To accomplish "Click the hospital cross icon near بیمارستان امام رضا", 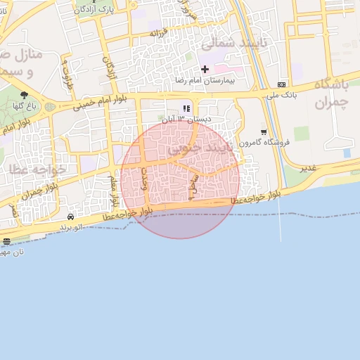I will click(x=205, y=69).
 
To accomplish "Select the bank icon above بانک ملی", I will click(x=282, y=84).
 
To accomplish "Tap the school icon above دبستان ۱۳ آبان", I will click(x=186, y=108).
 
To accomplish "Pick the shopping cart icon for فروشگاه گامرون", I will click(x=264, y=131).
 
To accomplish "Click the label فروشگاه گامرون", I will click(x=264, y=143).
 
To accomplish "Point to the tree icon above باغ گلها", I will click(x=25, y=95).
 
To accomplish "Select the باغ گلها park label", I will click(x=25, y=106).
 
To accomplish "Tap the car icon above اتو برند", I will click(x=70, y=217).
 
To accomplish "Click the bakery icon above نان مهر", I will click(x=7, y=242).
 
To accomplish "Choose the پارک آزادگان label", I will click(x=94, y=9).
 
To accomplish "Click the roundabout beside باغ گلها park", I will click(x=50, y=107).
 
